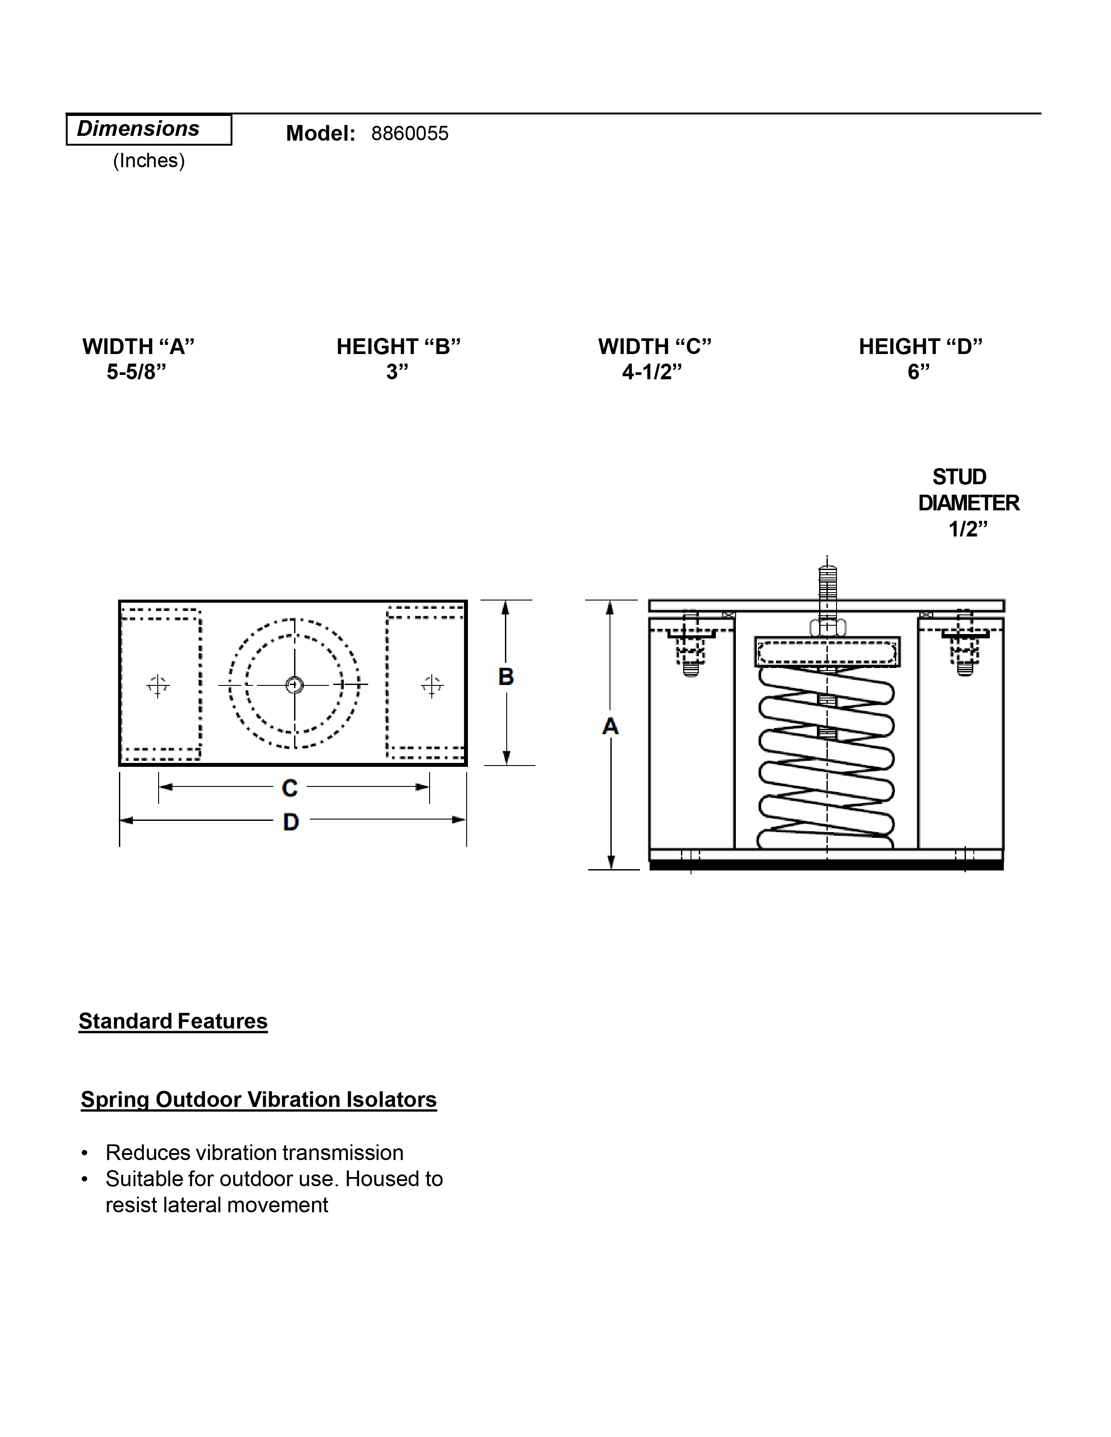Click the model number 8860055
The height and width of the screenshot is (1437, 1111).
tap(410, 134)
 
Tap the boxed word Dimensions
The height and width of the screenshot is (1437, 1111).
tap(138, 129)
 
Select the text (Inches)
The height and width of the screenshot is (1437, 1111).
tap(149, 161)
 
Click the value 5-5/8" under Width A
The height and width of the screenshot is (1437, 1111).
tap(137, 372)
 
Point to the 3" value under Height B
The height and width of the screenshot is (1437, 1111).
tap(397, 372)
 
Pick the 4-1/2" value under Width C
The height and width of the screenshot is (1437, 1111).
tap(652, 372)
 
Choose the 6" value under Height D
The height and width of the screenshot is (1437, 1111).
tap(919, 372)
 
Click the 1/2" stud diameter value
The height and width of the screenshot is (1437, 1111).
tap(968, 529)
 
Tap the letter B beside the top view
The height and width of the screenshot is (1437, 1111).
tap(505, 676)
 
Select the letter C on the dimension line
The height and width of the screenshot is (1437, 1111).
tap(290, 788)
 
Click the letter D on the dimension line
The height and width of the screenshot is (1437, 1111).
tap(291, 822)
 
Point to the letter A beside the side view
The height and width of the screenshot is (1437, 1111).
tap(610, 726)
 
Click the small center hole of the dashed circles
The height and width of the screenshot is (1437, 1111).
tap(294, 685)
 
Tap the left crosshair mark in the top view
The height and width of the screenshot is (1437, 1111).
tap(157, 685)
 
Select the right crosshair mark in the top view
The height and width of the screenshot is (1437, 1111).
tap(432, 685)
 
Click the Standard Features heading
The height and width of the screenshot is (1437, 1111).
tap(173, 1021)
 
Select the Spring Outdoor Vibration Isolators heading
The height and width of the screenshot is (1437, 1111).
tap(259, 1100)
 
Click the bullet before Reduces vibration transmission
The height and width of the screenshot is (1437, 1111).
tap(84, 1154)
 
